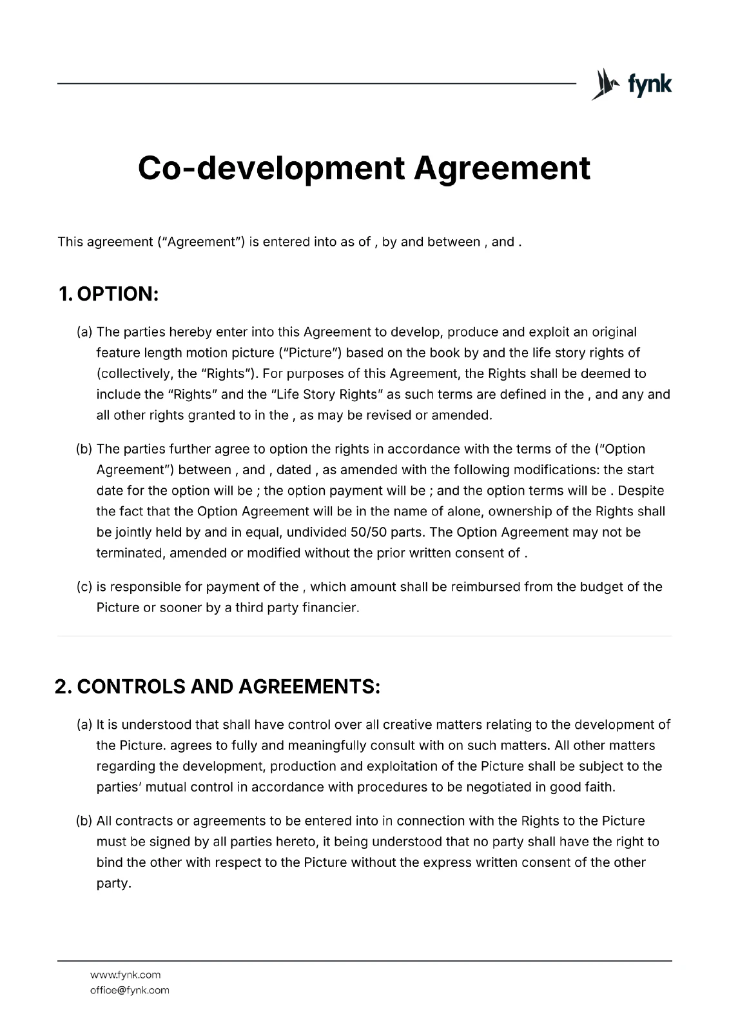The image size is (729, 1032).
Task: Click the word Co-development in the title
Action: click(x=271, y=168)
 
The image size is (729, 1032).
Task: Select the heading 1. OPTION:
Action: click(x=108, y=294)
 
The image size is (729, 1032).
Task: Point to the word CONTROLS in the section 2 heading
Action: click(x=131, y=687)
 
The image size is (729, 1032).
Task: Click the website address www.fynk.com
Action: click(x=125, y=975)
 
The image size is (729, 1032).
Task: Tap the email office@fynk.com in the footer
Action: click(x=129, y=990)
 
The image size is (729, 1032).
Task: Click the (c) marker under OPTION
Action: click(x=84, y=587)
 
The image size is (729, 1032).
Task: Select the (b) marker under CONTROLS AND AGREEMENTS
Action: click(x=84, y=821)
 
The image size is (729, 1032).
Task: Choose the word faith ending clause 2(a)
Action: click(x=599, y=787)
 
